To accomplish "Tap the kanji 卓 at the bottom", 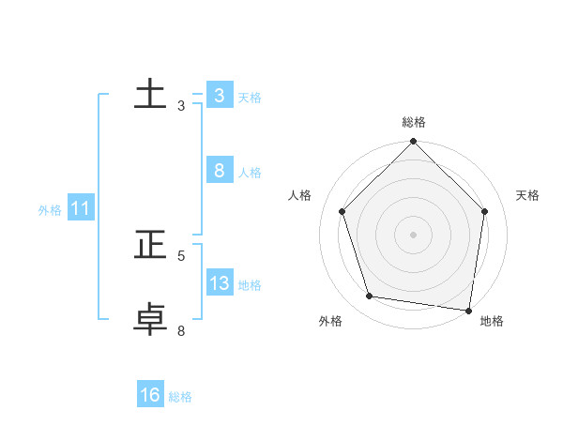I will tap(151, 319).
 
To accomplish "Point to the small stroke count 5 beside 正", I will tap(181, 255).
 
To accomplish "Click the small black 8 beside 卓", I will tap(181, 330).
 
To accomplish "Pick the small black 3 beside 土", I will tap(181, 106).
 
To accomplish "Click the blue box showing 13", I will tap(220, 282).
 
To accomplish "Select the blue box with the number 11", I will tap(80, 208).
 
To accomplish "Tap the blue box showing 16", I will tap(150, 395).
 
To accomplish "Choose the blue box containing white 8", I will tap(219, 170).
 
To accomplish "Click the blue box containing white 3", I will tap(219, 95).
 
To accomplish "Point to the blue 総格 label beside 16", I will tap(180, 397).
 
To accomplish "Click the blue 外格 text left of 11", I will tap(50, 210).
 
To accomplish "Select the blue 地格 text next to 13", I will tap(250, 285).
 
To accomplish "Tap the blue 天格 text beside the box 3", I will tap(250, 98).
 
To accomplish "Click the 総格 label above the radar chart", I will tap(414, 122).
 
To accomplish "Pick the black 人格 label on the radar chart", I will tap(300, 195).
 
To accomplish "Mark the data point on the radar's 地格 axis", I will tap(467, 310).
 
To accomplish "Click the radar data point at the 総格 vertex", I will tap(413, 142).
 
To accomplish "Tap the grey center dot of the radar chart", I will tap(413, 234).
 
